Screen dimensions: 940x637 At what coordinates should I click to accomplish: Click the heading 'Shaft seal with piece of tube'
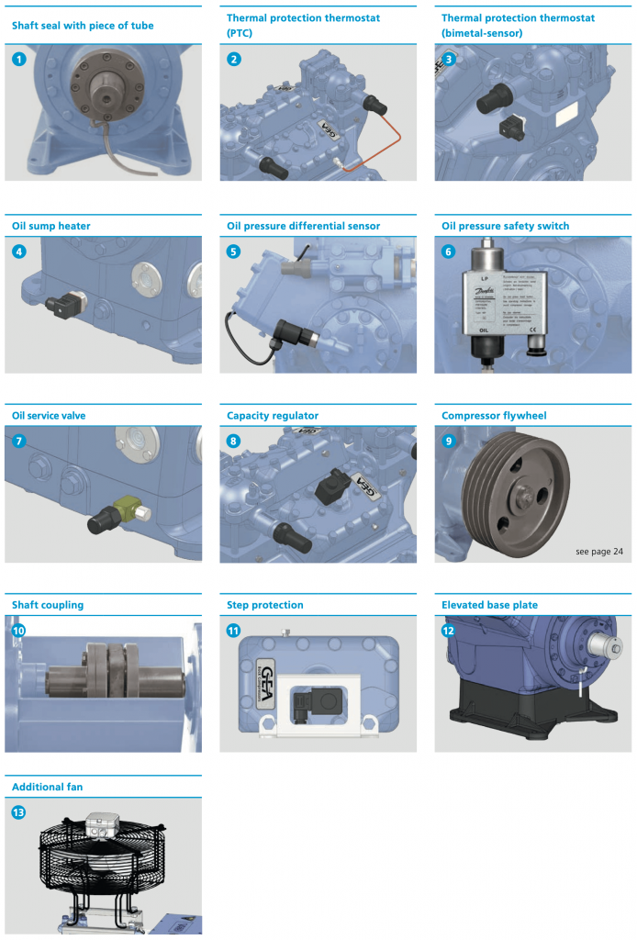83,26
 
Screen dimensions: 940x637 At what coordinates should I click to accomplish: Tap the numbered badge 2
234,60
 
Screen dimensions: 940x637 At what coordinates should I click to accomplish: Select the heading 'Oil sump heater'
51,226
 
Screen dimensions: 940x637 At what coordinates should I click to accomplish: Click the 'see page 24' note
598,552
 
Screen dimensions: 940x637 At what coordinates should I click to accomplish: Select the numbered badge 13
19,812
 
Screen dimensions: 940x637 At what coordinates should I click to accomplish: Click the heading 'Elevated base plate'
489,605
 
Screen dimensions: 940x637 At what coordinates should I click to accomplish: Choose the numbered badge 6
449,252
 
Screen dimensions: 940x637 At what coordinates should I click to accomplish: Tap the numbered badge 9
449,441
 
